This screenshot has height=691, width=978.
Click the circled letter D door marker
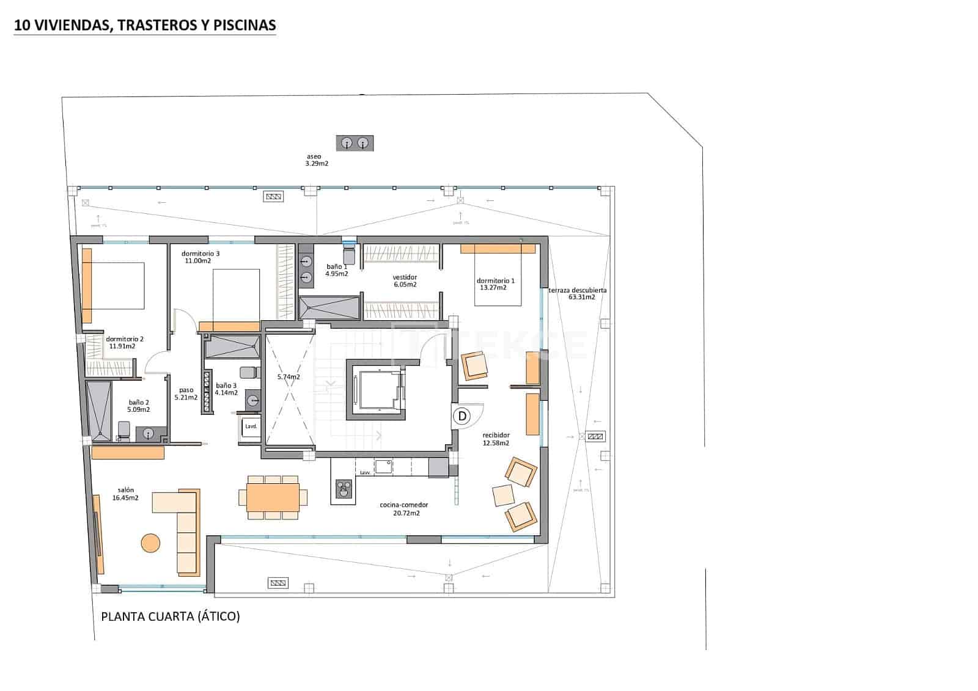tap(463, 417)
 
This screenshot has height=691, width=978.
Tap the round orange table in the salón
tap(150, 543)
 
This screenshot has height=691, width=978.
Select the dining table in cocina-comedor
tap(273, 497)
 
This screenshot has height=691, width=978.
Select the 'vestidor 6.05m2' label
tap(405, 281)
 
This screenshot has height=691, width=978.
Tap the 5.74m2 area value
tap(289, 377)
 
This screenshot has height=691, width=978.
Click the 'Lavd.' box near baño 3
tap(251, 426)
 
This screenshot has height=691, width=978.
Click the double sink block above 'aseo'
tap(355, 144)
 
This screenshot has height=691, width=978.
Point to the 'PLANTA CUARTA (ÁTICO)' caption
tap(171, 616)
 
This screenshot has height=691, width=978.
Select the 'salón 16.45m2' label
tap(125, 494)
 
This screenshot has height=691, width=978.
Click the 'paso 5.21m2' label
tap(186, 393)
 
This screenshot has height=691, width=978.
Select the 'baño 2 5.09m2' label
tap(139, 406)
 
